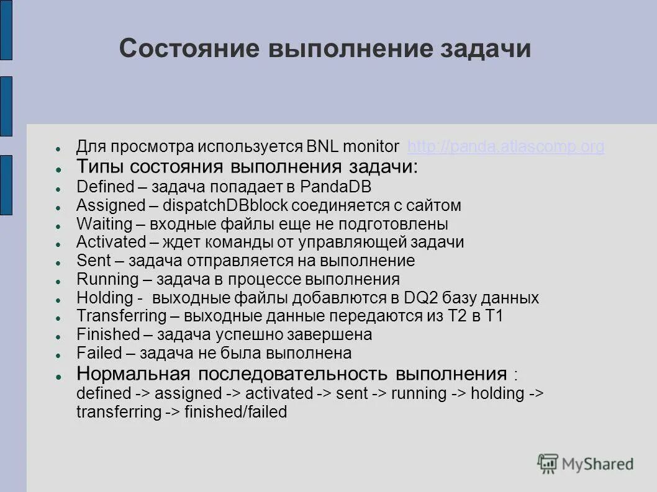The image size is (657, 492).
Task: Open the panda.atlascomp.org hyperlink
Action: click(x=505, y=147)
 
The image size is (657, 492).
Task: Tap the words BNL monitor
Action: click(x=353, y=147)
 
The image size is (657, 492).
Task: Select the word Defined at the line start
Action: click(x=105, y=186)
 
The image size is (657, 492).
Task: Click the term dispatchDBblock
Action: click(x=227, y=205)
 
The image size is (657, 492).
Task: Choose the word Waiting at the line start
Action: click(x=104, y=223)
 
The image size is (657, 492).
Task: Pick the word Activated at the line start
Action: click(x=111, y=242)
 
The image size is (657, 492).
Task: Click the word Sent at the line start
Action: click(x=93, y=261)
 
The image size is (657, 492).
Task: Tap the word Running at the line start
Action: click(x=107, y=279)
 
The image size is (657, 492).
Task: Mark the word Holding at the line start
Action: click(x=105, y=298)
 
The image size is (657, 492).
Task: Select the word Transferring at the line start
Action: click(x=122, y=316)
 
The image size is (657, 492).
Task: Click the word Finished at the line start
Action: click(x=108, y=334)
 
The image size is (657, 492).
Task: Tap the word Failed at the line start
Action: click(x=99, y=353)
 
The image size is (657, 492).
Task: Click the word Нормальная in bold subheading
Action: click(x=132, y=374)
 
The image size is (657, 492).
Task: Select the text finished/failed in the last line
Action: click(x=236, y=412)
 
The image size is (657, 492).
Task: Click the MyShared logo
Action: click(x=586, y=463)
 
